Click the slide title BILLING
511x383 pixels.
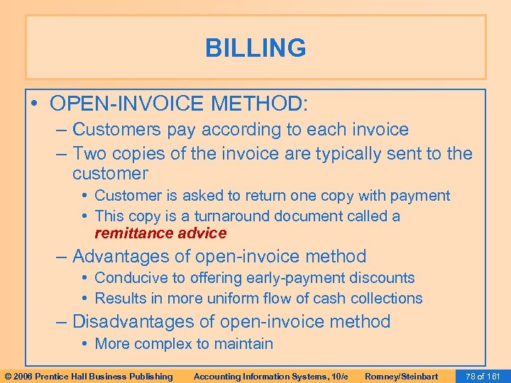(x=255, y=48)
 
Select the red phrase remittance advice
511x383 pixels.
(x=160, y=233)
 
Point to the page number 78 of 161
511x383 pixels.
(x=481, y=376)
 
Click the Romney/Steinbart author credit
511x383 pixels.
(x=401, y=376)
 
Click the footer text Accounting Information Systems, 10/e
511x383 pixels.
(x=270, y=376)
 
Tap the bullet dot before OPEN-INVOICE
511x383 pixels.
(x=35, y=104)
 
